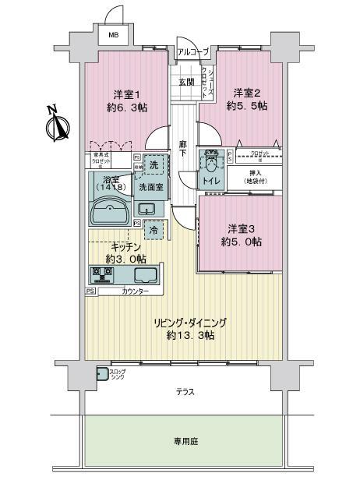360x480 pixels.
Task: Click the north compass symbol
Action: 55,124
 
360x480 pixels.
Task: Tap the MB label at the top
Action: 114,35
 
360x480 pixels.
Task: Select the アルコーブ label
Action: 192,51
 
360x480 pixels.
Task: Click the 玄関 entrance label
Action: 186,83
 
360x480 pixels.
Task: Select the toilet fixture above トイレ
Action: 210,164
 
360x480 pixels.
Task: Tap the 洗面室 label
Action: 150,188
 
